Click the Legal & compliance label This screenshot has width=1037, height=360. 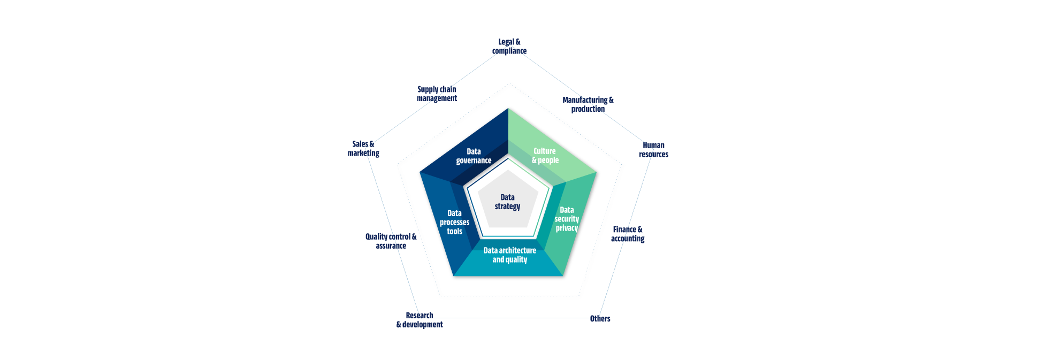click(509, 47)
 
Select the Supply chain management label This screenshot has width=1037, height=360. click(437, 94)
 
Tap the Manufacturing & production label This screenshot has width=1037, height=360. click(588, 104)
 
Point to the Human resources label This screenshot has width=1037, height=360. click(653, 150)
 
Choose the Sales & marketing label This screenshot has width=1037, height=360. click(363, 149)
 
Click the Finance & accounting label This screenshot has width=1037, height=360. click(628, 234)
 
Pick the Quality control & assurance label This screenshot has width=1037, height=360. click(391, 241)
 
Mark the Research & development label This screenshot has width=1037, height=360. click(420, 320)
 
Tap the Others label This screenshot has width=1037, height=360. click(600, 319)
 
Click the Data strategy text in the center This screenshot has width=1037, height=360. click(507, 202)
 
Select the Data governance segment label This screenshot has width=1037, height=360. click(474, 156)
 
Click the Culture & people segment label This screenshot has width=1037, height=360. click(545, 156)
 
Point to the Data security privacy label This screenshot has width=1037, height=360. click(567, 219)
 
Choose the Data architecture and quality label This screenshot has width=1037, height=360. click(509, 255)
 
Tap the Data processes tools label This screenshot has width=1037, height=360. click(454, 223)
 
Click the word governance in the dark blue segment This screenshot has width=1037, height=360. click(474, 161)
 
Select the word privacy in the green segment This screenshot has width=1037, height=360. click(567, 228)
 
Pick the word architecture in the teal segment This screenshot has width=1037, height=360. click(517, 250)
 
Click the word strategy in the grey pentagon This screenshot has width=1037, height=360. click(507, 207)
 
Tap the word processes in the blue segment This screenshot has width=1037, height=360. click(454, 223)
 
